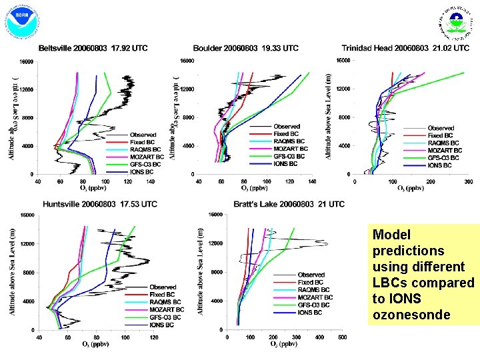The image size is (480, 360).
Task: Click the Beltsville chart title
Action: click(93, 48)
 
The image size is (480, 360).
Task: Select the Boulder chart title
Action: click(246, 48)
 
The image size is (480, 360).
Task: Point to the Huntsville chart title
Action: click(100, 204)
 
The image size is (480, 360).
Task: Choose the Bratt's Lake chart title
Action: click(289, 204)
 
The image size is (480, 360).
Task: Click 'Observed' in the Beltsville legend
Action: click(143, 135)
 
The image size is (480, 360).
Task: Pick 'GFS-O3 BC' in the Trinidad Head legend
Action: click(445, 157)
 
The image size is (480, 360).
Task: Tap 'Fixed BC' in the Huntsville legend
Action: click(162, 295)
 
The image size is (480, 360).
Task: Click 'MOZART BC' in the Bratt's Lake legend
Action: click(315, 297)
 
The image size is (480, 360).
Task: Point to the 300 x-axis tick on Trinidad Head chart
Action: click(464, 181)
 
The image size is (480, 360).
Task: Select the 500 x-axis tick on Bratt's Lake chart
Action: click(342, 337)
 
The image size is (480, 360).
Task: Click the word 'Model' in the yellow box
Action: click(391, 235)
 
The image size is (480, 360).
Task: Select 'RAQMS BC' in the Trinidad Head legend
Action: click(444, 143)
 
